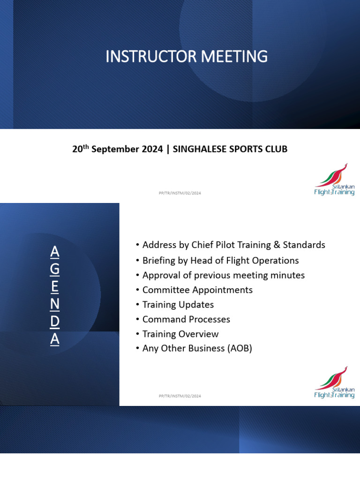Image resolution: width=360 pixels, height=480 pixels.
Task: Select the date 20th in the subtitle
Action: coord(80,149)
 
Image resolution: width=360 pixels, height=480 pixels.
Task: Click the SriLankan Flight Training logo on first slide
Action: coord(334,180)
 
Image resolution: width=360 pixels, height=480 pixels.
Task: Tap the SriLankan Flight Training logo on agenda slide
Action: coord(334,382)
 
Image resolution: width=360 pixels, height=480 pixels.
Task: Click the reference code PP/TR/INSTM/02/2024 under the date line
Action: coord(180,193)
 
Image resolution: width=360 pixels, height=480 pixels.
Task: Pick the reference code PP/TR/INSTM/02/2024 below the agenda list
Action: coord(180,396)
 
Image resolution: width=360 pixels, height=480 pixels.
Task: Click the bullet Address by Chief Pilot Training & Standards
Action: coord(233,245)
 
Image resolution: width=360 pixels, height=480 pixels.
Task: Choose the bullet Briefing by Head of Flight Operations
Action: coord(220,260)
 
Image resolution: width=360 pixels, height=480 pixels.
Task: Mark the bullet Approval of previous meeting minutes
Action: coord(223,275)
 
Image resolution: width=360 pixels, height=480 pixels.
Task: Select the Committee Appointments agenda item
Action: coord(197,290)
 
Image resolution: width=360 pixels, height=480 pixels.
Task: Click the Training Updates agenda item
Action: coord(178,305)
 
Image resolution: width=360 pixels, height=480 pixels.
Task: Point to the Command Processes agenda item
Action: coord(186,319)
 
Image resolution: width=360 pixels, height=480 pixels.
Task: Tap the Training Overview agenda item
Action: coord(180,334)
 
